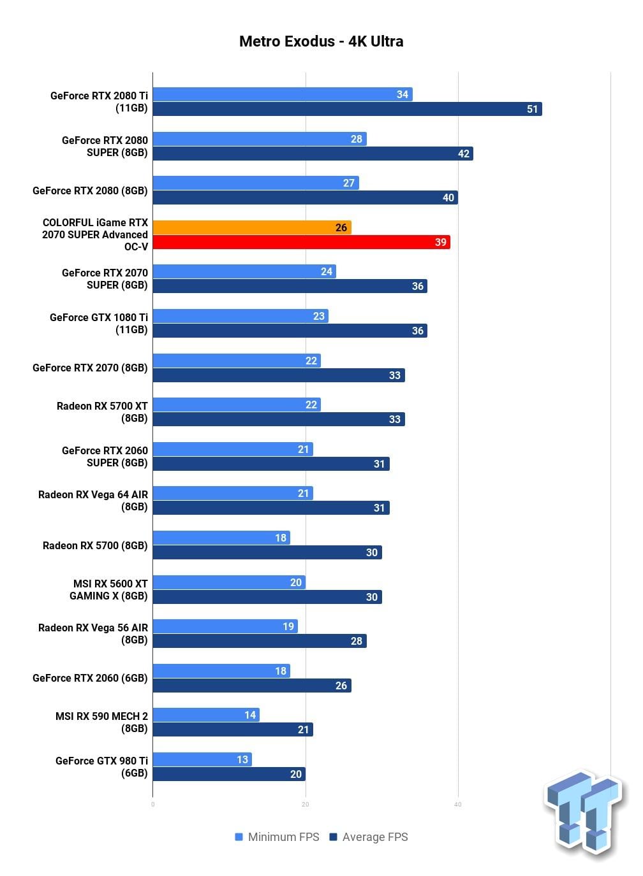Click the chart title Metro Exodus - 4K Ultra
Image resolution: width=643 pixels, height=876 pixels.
click(x=321, y=41)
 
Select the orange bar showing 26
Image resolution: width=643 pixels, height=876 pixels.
click(x=252, y=227)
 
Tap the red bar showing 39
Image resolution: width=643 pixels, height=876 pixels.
click(x=302, y=242)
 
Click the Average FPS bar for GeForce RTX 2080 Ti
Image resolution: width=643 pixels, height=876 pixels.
click(x=348, y=109)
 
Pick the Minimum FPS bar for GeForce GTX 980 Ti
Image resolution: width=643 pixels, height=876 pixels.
click(x=202, y=759)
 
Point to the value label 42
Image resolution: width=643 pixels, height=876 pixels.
click(x=464, y=154)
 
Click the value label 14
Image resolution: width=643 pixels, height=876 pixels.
click(x=250, y=715)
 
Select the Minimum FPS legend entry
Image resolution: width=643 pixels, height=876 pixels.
click(x=277, y=837)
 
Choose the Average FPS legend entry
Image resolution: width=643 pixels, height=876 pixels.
click(x=369, y=837)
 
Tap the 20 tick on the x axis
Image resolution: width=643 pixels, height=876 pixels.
click(x=306, y=805)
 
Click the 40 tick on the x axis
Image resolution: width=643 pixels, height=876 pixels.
click(x=458, y=805)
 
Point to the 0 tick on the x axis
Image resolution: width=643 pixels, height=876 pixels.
click(x=152, y=805)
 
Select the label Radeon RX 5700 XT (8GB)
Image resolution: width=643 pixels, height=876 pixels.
click(x=102, y=412)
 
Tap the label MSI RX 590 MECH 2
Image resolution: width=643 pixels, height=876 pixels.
click(x=101, y=716)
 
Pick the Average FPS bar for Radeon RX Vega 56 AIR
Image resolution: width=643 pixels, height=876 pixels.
click(x=260, y=641)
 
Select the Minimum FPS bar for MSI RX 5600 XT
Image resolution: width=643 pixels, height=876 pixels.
click(x=229, y=582)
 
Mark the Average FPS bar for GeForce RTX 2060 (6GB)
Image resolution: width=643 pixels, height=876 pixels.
click(x=252, y=686)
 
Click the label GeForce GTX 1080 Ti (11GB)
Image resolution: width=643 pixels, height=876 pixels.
click(x=99, y=324)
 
